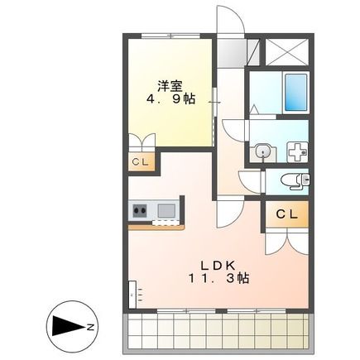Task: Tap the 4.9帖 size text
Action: pyautogui.click(x=171, y=98)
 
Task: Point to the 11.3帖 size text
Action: pyautogui.click(x=214, y=279)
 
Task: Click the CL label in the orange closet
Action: pyautogui.click(x=285, y=215)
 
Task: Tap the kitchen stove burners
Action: pyautogui.click(x=137, y=211)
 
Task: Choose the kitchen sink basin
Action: pyautogui.click(x=166, y=211)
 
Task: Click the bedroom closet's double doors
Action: pyautogui.click(x=142, y=141)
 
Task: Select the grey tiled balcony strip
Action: pyautogui.click(x=219, y=331)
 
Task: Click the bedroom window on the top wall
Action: pyautogui.click(x=168, y=36)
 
